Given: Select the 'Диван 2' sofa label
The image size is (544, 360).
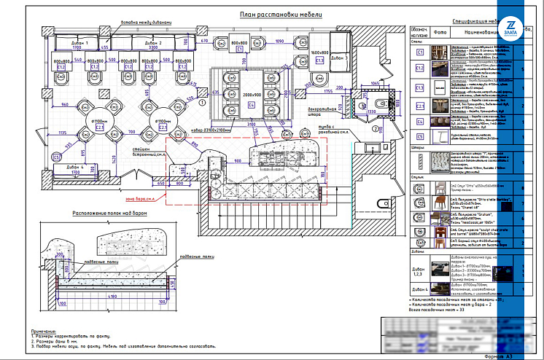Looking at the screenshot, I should pos(152,43).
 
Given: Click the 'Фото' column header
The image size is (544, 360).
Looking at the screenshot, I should pos(440,33).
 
